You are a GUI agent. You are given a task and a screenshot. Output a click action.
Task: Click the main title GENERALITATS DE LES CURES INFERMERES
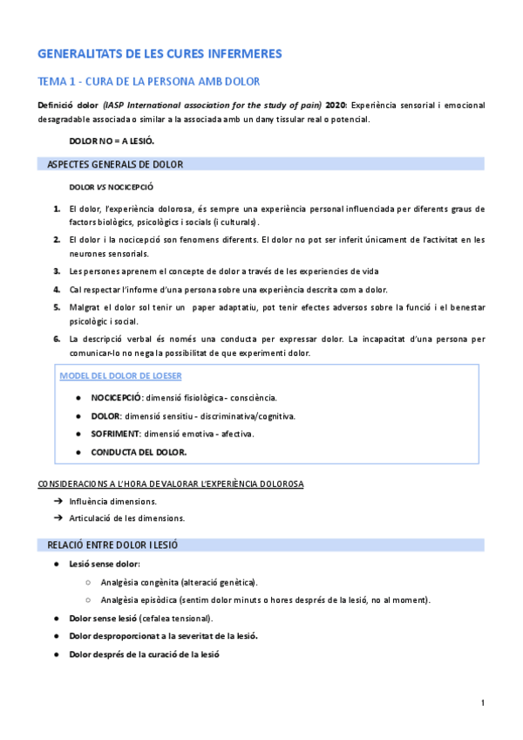point(160,54)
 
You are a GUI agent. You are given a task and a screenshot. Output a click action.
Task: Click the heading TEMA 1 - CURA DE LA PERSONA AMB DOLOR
point(149,82)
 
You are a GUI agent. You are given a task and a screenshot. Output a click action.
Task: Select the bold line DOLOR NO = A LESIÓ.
point(105,140)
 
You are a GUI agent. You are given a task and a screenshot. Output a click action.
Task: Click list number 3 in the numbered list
point(56,271)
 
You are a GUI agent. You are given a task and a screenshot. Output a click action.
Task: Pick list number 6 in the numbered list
point(56,339)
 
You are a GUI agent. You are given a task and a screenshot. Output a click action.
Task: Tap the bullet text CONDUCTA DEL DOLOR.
point(139,452)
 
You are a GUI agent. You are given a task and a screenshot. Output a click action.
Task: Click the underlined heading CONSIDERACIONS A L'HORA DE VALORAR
point(170,483)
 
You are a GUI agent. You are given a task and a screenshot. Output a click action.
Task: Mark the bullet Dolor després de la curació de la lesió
point(144,654)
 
